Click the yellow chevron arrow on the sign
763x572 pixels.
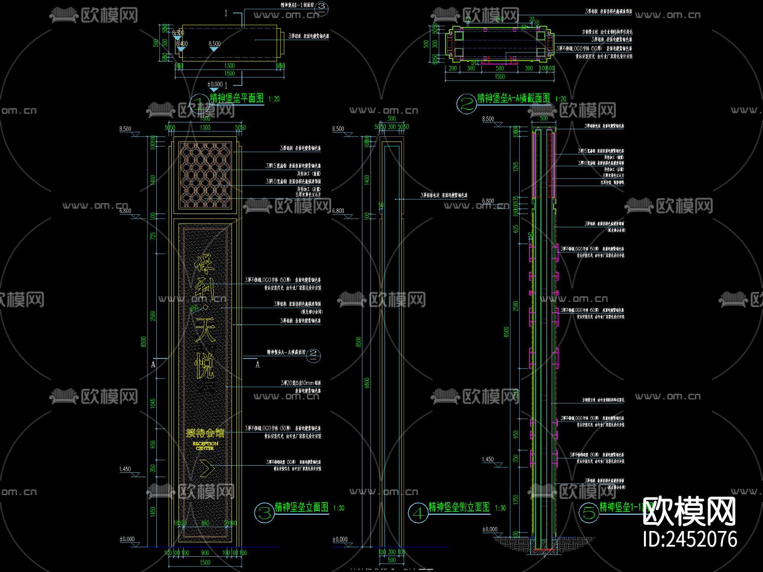pyautogui.click(x=207, y=468)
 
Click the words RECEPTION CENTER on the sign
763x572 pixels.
pyautogui.click(x=205, y=446)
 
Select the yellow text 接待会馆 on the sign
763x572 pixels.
pyautogui.click(x=205, y=433)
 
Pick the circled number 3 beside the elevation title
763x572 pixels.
pyautogui.click(x=265, y=513)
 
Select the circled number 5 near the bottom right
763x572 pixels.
pyautogui.click(x=589, y=513)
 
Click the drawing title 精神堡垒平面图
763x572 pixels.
pyautogui.click(x=237, y=98)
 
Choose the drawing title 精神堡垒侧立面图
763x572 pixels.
pyautogui.click(x=459, y=507)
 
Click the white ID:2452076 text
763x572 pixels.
pyautogui.click(x=690, y=539)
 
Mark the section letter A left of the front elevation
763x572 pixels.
pyautogui.click(x=153, y=364)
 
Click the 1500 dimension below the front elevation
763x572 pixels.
pyautogui.click(x=205, y=562)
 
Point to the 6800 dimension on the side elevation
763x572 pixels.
pyautogui.click(x=367, y=383)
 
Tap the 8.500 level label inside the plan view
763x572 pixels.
pyautogui.click(x=214, y=44)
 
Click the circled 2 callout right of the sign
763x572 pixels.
pyautogui.click(x=314, y=355)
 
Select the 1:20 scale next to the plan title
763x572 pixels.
pyautogui.click(x=274, y=99)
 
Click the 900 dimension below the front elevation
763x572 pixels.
pyautogui.click(x=205, y=553)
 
